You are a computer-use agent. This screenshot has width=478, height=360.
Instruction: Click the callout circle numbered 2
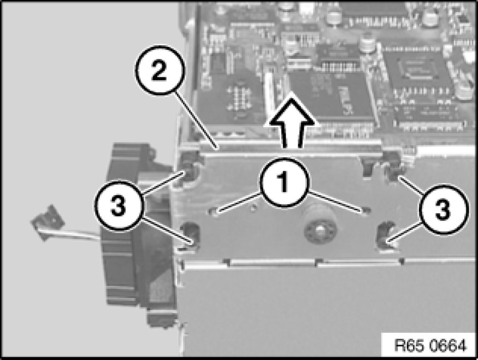(x=160, y=70)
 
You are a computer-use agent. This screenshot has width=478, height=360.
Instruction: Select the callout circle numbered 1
(x=284, y=182)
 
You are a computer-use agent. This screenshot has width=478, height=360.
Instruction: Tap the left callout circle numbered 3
(x=119, y=205)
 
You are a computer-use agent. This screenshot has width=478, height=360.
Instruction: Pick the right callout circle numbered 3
(x=442, y=209)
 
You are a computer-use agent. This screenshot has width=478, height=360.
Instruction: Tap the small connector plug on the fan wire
(x=48, y=222)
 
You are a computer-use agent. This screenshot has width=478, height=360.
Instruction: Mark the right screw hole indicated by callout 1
(x=365, y=211)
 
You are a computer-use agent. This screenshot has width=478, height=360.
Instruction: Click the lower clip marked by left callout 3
(x=190, y=236)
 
